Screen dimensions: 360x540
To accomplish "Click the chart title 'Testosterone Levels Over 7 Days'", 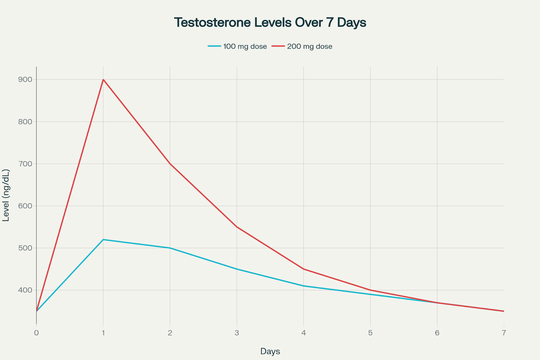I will (x=270, y=23).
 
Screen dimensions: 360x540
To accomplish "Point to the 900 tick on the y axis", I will (x=25, y=80).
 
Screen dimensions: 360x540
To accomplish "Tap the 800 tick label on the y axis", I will (x=25, y=122).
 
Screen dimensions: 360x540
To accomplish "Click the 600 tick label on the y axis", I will (x=25, y=206).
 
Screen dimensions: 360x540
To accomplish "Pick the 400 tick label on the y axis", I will (x=25, y=290).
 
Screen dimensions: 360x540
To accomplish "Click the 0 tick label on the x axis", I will (x=36, y=333).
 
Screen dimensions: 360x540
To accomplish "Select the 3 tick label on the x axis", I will (x=237, y=333).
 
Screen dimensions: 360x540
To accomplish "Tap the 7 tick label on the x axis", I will (x=504, y=333).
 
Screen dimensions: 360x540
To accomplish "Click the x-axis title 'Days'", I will (x=270, y=351).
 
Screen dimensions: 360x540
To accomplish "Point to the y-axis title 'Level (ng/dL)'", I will (x=6, y=195).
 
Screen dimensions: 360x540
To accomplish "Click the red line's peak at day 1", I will (x=103, y=80).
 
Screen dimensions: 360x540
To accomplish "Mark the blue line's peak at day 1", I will (x=103, y=239).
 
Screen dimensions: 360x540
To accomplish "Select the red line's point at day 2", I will (x=170, y=164).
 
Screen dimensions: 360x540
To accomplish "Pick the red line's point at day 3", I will (x=237, y=227).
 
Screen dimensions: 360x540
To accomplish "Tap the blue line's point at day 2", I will (x=170, y=248).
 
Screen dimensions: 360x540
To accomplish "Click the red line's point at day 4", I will (x=304, y=269).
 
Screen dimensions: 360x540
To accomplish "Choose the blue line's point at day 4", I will (x=304, y=286).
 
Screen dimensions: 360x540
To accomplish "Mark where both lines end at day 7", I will (x=504, y=311).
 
